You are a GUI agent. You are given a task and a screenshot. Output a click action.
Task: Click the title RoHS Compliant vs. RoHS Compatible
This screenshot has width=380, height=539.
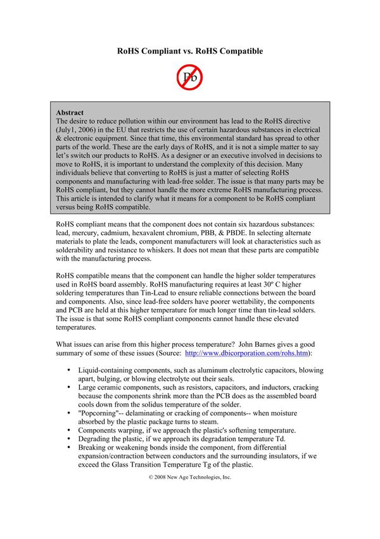coord(190,51)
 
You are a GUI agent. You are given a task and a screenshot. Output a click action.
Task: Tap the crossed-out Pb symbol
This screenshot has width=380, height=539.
coord(189,77)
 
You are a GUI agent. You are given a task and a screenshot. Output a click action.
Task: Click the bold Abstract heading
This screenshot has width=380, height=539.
coord(70,112)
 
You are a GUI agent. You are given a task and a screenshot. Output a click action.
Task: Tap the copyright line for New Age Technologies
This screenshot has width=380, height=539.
coord(190,477)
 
